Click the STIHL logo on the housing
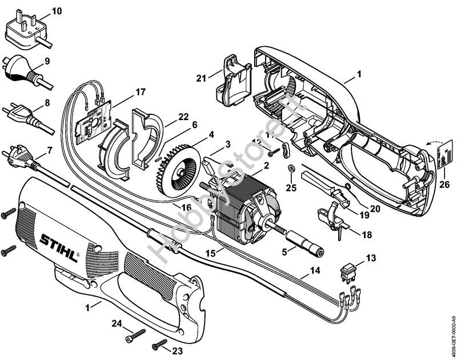(x=59, y=245)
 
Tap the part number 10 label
(x=57, y=11)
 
